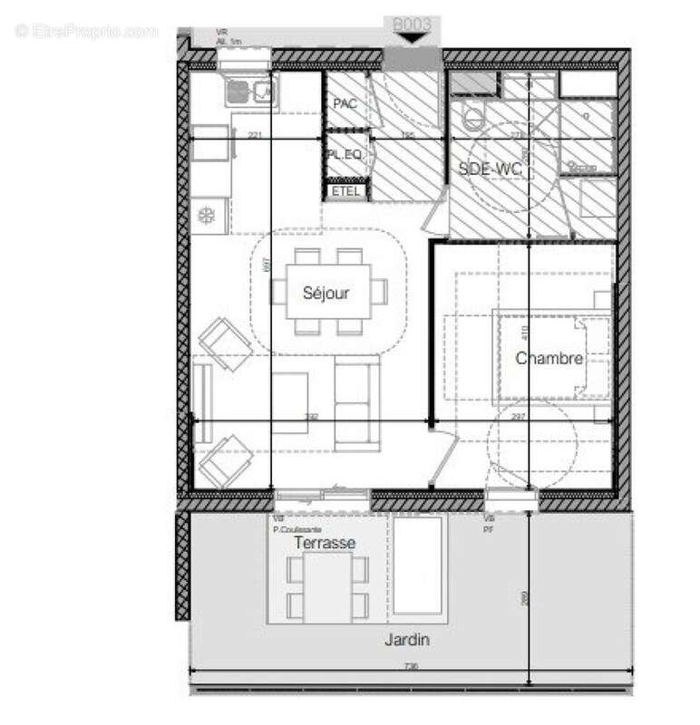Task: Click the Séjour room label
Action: (x=326, y=293)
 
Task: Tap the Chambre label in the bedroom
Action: (x=549, y=359)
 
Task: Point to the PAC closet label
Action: (x=345, y=104)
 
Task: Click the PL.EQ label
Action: (x=345, y=156)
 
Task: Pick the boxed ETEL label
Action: (x=346, y=191)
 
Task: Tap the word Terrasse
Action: (x=319, y=542)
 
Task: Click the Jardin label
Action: (x=404, y=641)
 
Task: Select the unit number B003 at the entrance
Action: (x=413, y=23)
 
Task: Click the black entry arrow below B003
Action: (x=413, y=39)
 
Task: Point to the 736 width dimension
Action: (x=410, y=668)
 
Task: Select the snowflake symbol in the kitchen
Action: (x=207, y=216)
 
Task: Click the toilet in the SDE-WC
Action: (x=473, y=118)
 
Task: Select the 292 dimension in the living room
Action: (x=312, y=417)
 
